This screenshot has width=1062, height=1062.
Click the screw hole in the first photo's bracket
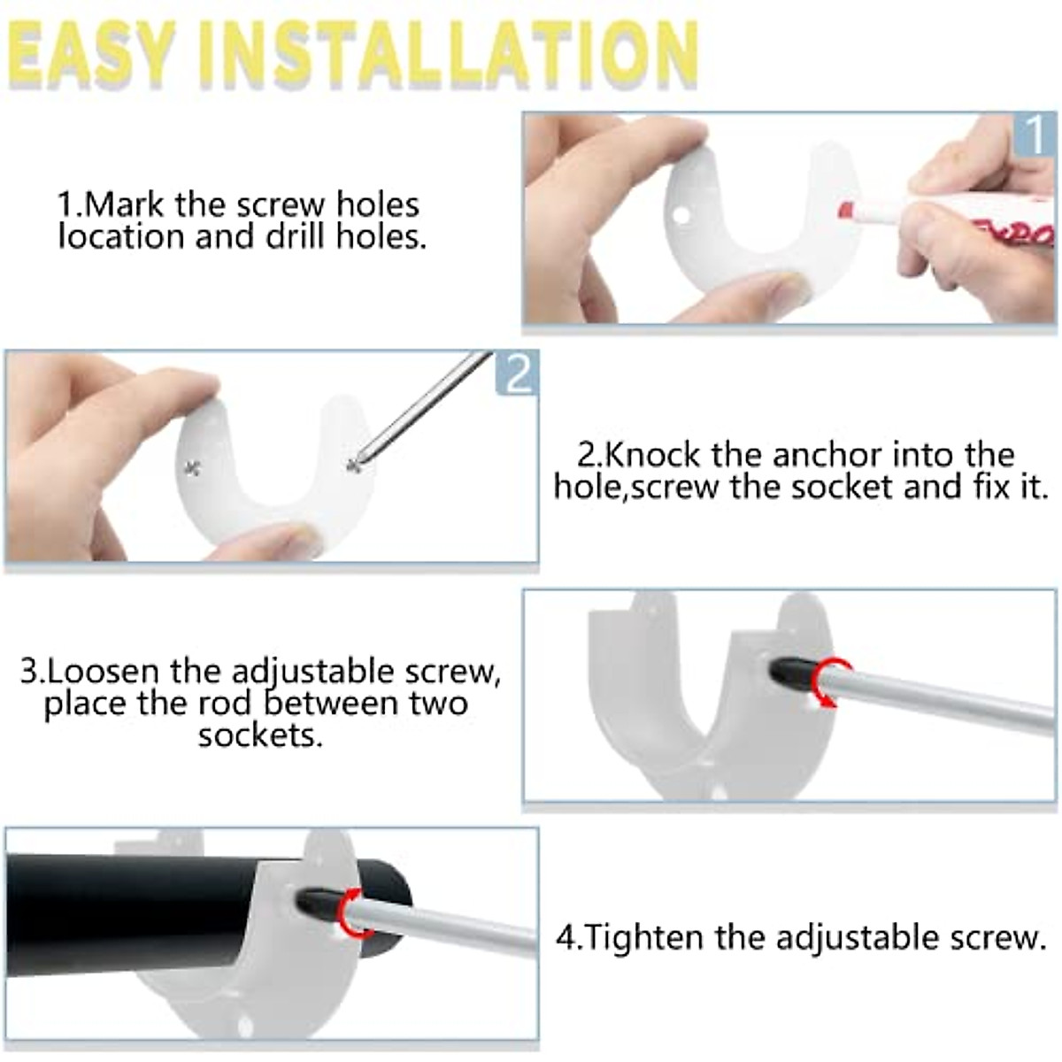click(x=680, y=215)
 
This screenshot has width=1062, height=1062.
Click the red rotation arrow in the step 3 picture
click(x=833, y=682)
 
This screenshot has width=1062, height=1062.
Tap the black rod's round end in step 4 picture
click(x=394, y=903)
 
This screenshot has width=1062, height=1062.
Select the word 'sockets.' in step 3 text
click(x=260, y=735)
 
